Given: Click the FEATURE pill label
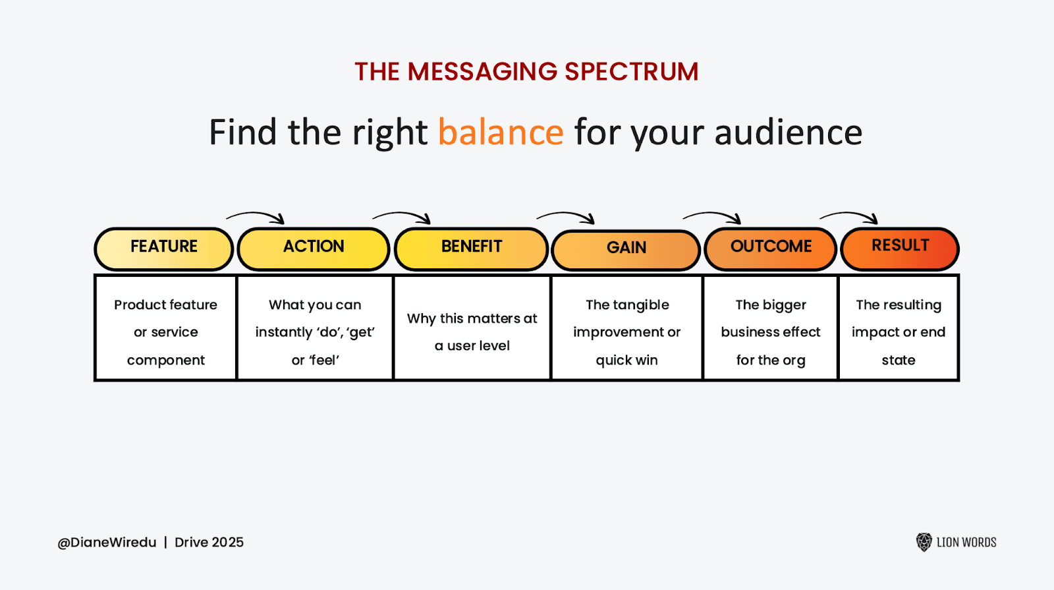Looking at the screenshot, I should click(x=164, y=247).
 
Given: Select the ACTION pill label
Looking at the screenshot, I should click(x=314, y=247).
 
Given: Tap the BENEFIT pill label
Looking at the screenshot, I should click(x=472, y=247).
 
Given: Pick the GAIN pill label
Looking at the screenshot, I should click(x=626, y=249).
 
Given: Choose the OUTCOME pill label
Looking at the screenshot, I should click(x=771, y=247).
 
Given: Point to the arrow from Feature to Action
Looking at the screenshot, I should click(x=256, y=216).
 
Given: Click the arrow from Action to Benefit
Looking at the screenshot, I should click(x=402, y=216).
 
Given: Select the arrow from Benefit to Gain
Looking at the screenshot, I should click(x=566, y=216).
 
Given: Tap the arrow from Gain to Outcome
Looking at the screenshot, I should click(x=712, y=216).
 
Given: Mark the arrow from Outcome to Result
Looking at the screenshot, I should click(x=849, y=216).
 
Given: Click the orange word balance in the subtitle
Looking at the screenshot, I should click(x=501, y=133).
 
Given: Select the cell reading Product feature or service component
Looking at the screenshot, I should click(x=165, y=332).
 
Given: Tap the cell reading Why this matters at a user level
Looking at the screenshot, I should click(x=472, y=332).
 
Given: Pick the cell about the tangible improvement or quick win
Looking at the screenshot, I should click(x=626, y=332).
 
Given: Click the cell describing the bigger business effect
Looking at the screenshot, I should click(x=770, y=332).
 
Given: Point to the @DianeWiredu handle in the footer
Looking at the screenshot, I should click(x=107, y=543).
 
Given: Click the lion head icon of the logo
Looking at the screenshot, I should click(x=924, y=542).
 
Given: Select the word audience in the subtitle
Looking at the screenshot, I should click(x=788, y=133).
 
